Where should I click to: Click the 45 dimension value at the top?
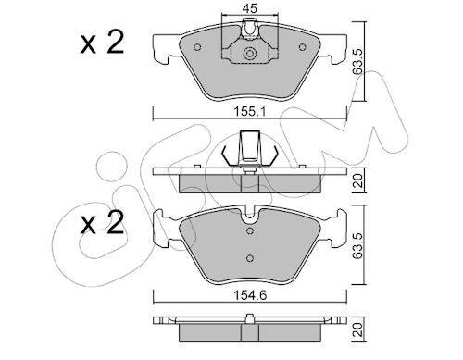pos(249,8)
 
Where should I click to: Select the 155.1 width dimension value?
pos(250,111)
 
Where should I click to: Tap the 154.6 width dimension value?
pos(250,295)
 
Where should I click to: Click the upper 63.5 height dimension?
pos(357,61)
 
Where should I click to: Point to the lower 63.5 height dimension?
pos(357,246)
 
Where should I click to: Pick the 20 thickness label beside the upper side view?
pos(357,180)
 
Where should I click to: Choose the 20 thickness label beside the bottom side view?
pos(357,329)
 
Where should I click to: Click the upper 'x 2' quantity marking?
pos(102,43)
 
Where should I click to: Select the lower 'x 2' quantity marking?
pos(102,222)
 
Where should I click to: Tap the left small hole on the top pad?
pos(197,47)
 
